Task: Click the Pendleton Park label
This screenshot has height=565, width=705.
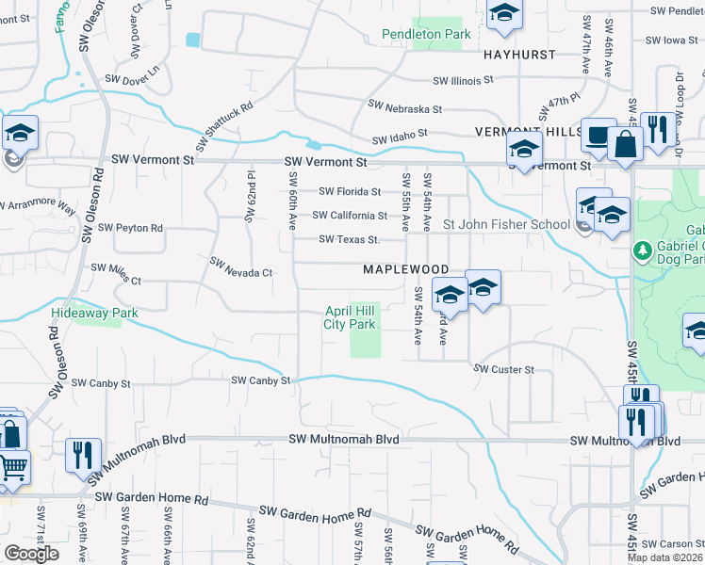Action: (x=426, y=35)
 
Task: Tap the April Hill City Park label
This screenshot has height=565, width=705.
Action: (x=350, y=317)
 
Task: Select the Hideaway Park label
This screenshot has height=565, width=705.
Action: (x=95, y=313)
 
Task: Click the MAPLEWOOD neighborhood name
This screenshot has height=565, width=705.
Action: (x=405, y=269)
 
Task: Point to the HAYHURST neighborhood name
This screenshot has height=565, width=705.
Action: (x=519, y=55)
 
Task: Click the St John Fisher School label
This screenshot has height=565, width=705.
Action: (x=506, y=224)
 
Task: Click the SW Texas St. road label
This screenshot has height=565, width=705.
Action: (x=349, y=239)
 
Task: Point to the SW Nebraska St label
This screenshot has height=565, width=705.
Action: (x=405, y=107)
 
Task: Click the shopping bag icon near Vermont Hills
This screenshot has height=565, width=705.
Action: (x=625, y=144)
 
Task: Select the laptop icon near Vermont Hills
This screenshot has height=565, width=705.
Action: (x=598, y=135)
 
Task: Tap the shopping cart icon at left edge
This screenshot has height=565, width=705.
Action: (x=11, y=466)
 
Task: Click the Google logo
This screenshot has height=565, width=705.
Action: (x=31, y=554)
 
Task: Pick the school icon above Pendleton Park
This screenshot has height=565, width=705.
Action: (x=504, y=12)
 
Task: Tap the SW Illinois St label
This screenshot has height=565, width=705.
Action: (x=464, y=81)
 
